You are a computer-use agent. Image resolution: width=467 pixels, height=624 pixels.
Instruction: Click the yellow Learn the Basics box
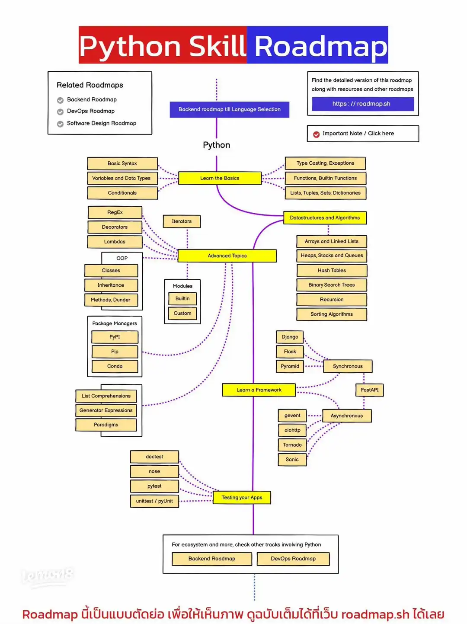pos(220,178)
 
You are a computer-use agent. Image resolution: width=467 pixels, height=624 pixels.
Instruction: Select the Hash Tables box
pos(332,270)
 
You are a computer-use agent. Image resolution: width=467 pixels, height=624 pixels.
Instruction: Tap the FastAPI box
pos(369,390)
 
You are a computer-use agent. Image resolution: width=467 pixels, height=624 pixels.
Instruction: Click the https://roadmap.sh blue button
pos(362,104)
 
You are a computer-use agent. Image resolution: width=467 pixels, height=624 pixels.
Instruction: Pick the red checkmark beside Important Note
pos(317,134)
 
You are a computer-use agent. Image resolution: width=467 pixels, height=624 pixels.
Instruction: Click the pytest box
pos(154,486)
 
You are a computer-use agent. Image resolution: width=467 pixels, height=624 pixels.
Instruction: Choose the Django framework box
pos(290,337)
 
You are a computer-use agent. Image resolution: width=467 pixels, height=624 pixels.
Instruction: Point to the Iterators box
pos(182,221)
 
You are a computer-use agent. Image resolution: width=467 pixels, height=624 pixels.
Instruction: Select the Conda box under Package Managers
pos(115,366)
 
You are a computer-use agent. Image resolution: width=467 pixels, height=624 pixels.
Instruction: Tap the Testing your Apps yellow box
pos(242,498)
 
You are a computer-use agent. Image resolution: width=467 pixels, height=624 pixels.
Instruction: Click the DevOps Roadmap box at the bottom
pos(293,559)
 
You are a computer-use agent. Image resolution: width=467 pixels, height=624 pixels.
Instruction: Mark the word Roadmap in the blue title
pos(320,46)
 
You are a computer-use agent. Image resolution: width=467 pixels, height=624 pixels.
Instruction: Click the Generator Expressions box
pos(106,410)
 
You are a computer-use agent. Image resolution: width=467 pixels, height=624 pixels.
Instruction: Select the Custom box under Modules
pos(182,313)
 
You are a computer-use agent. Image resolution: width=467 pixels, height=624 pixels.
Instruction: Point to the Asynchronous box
pos(346,416)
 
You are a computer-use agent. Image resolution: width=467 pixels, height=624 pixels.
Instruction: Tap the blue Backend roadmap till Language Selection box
pos(229,109)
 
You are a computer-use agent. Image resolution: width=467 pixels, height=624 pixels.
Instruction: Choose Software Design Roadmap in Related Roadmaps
pos(101,123)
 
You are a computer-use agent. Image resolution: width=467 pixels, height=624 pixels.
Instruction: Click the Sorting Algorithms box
pos(332,314)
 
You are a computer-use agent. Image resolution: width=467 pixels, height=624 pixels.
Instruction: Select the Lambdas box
pos(115,242)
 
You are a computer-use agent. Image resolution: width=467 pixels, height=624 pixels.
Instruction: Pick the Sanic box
pos(292,459)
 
